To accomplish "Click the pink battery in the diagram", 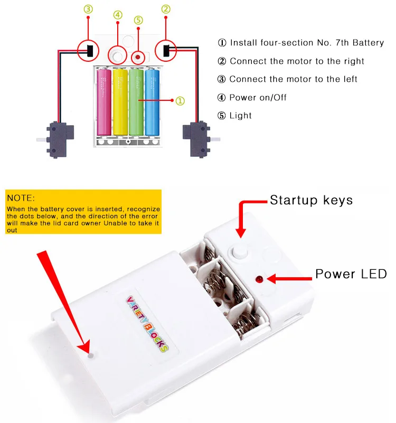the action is tap(104, 102).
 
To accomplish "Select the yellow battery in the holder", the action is tap(120, 102).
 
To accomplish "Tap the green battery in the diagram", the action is tap(136, 102).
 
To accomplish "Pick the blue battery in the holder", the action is tap(152, 102).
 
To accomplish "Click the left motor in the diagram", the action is tap(58, 139).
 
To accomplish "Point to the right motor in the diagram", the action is tap(199, 139).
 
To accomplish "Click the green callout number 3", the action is tap(88, 9).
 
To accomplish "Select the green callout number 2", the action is tap(166, 9).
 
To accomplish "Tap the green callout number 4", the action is tap(118, 15).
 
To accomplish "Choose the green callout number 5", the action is tap(138, 20).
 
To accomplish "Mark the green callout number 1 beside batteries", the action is tap(180, 101).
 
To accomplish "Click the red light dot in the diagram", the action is tap(138, 57).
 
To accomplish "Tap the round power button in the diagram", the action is tap(118, 56).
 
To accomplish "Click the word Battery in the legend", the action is tap(368, 43).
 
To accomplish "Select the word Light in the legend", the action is tap(240, 116).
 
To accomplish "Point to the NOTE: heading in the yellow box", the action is tap(21, 198).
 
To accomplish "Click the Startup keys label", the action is tap(312, 200).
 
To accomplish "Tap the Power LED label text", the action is tap(351, 274).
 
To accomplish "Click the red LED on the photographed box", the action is tap(259, 279).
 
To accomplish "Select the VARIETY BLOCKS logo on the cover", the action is tap(147, 324).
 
